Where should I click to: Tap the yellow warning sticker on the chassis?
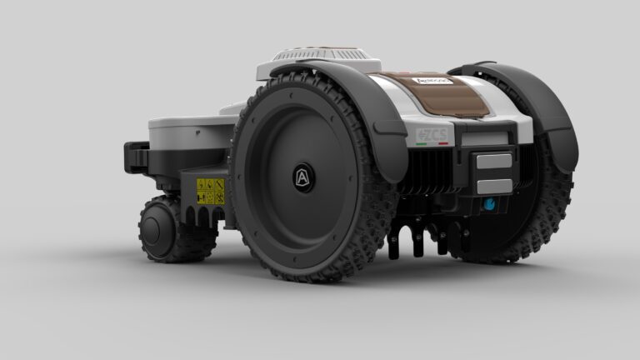pos(210,191)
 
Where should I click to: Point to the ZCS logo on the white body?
pos(430,135)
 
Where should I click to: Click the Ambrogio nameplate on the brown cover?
pos(432,81)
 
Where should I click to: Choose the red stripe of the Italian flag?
pos(442,143)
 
